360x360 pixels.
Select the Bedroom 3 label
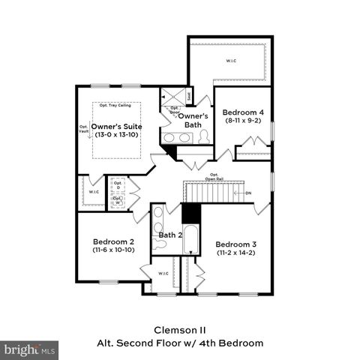tap(236, 244)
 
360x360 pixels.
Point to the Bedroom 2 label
tap(113, 241)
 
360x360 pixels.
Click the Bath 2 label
tap(170, 235)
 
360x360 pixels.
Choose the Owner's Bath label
tap(192, 120)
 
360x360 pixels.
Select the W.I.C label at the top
tap(229, 60)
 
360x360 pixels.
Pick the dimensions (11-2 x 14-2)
tap(236, 253)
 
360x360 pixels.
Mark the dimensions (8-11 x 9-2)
tap(244, 120)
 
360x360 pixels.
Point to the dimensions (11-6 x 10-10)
tap(113, 250)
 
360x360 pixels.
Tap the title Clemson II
tap(179, 329)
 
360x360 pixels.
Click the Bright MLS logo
tap(30, 349)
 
